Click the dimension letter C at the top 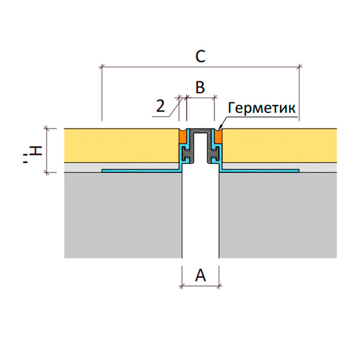200,57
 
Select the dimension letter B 200,87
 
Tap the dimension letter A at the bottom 200,275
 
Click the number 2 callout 161,106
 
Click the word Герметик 262,108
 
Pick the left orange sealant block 183,137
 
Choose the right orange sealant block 218,137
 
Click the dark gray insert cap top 200,130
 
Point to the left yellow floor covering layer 121,145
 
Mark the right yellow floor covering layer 279,145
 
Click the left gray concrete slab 123,216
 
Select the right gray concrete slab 278,216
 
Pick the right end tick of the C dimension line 299,67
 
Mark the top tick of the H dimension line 47,129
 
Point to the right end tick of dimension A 219,286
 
